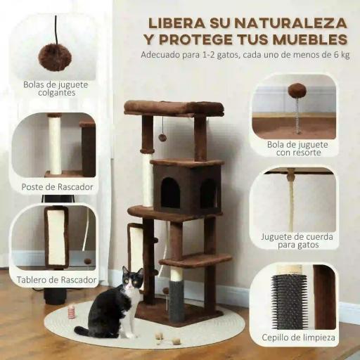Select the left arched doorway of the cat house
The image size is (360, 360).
coord(171,192)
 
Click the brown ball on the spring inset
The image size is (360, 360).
coord(297,90)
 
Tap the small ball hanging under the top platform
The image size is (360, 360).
coord(162,137)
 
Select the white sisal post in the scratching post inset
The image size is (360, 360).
coord(54,145)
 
